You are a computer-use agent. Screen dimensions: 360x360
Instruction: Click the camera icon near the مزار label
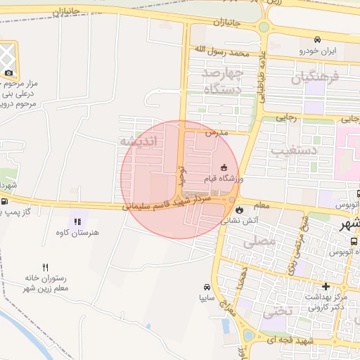[8, 72]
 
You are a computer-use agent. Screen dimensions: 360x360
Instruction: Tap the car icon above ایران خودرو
[318, 39]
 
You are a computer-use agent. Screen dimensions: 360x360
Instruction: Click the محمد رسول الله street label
[222, 51]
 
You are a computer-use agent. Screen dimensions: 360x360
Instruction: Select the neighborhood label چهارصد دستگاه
[222, 81]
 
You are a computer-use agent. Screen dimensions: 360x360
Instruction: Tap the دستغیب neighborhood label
[295, 150]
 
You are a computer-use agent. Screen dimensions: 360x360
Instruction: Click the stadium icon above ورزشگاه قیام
[224, 167]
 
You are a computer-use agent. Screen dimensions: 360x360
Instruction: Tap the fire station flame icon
[240, 209]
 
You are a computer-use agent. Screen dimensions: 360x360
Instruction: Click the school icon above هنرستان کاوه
[76, 221]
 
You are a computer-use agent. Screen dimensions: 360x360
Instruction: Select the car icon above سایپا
[207, 287]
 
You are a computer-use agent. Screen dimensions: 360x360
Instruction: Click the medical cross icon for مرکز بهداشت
[326, 286]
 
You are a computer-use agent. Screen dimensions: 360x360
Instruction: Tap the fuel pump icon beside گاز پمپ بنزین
[6, 201]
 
